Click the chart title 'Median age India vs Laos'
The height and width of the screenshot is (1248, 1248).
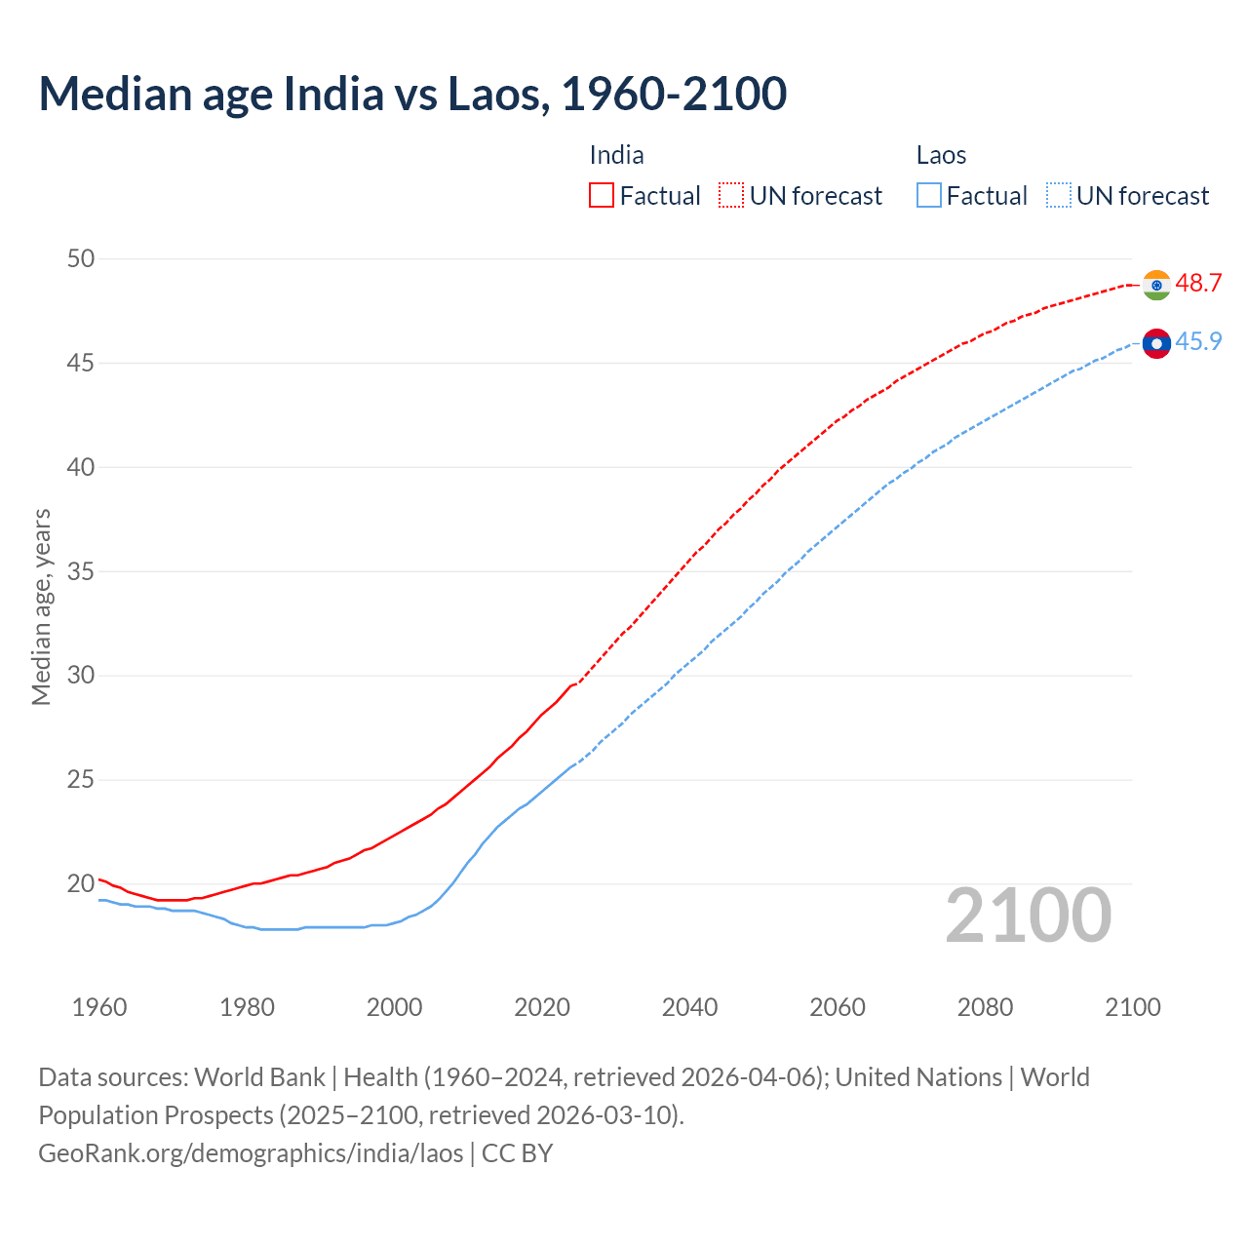click(x=412, y=94)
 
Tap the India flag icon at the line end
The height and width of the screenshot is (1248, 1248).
click(x=1156, y=285)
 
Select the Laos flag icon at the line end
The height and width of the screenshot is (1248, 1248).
click(x=1156, y=343)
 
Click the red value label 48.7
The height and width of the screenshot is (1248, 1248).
click(x=1198, y=283)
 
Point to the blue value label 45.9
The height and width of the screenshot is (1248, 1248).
click(x=1198, y=341)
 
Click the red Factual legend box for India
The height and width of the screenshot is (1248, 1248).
click(x=602, y=195)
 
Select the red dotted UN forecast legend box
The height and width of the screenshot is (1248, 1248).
click(x=731, y=195)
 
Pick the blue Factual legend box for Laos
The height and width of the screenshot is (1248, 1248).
click(x=929, y=195)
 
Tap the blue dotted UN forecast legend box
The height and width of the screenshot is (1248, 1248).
click(x=1059, y=195)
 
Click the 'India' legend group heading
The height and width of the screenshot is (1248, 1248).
click(x=616, y=155)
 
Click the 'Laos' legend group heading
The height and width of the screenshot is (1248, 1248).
click(x=941, y=155)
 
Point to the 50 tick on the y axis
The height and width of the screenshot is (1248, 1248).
click(x=81, y=258)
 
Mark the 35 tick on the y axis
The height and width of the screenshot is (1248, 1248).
click(x=81, y=571)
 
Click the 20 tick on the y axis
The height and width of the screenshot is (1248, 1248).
click(x=81, y=884)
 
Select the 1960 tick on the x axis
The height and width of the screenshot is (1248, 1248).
click(x=99, y=1007)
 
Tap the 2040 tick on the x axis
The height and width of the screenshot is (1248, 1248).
click(x=689, y=1007)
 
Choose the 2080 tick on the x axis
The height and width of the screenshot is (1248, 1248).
click(x=985, y=1007)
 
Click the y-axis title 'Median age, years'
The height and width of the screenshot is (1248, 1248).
click(x=41, y=606)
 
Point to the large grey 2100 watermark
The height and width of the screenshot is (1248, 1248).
click(x=1028, y=915)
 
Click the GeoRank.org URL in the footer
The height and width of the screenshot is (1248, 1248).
click(x=251, y=1152)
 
